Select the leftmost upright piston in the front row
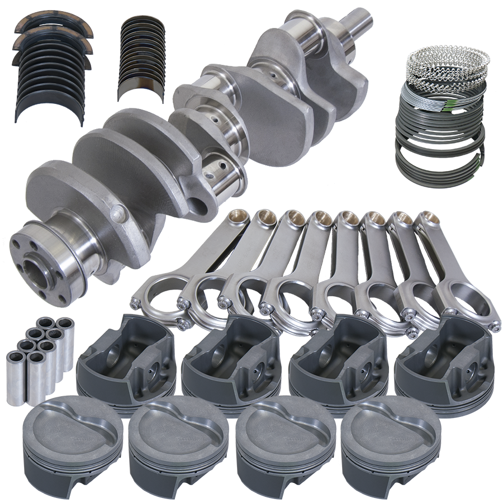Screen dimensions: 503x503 tap(72, 442)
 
